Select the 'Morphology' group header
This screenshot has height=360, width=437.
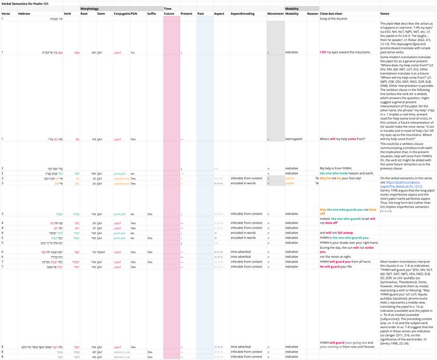click(x=91, y=8)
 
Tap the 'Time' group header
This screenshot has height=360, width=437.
click(x=167, y=8)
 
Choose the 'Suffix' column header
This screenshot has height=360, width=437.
click(x=151, y=13)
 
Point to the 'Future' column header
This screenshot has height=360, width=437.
click(x=169, y=13)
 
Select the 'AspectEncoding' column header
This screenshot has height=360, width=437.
click(x=242, y=13)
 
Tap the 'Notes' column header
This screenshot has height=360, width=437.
click(x=385, y=13)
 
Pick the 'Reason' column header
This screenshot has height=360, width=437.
click(x=313, y=13)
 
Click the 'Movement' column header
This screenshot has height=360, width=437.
click(x=275, y=13)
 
